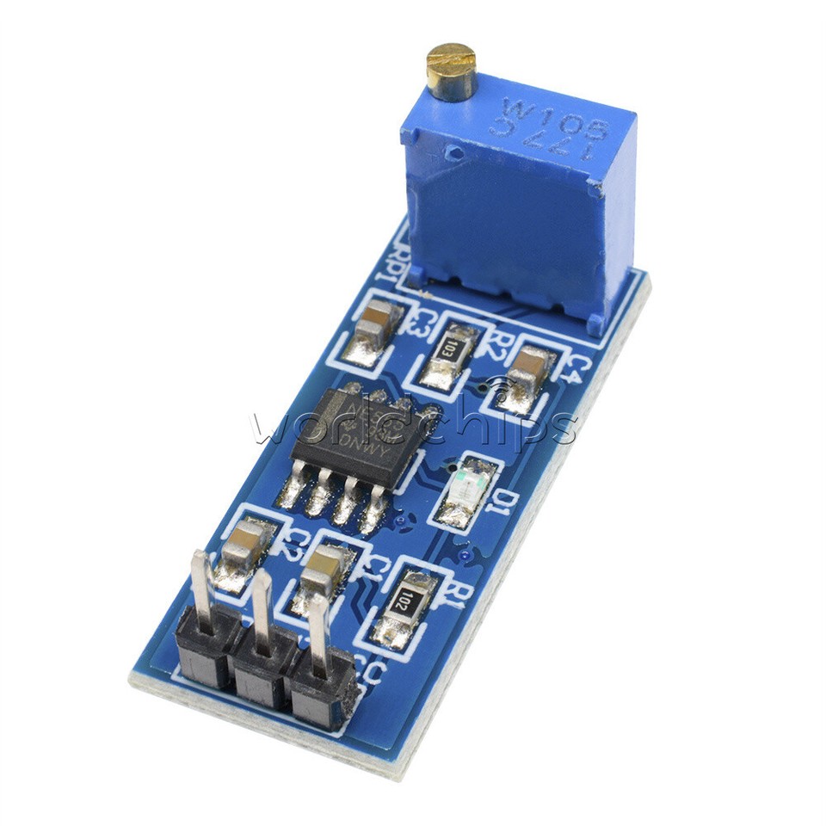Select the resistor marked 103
click(447, 349)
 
